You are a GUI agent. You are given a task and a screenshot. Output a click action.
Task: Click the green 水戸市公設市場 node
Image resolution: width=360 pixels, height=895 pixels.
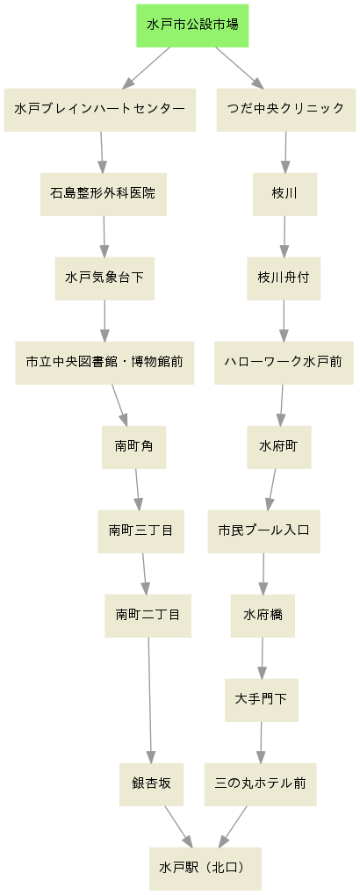click(x=192, y=25)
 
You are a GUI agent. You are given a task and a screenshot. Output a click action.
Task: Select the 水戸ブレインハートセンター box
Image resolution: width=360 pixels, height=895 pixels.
click(x=100, y=110)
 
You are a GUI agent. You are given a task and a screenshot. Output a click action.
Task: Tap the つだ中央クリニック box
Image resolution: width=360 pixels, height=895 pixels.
click(x=286, y=110)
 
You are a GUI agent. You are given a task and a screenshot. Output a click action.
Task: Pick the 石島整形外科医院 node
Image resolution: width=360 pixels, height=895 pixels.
click(x=104, y=194)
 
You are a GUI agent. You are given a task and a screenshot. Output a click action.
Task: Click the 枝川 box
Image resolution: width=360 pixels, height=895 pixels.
click(x=284, y=194)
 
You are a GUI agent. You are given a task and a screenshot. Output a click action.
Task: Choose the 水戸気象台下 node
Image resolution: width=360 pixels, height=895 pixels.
click(x=104, y=278)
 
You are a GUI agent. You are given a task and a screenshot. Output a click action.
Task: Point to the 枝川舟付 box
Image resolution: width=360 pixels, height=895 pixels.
click(x=284, y=278)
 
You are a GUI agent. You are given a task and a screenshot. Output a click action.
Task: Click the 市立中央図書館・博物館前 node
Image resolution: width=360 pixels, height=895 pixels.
click(x=104, y=363)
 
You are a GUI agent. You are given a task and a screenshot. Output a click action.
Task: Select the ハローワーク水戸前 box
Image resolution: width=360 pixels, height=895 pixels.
click(x=284, y=363)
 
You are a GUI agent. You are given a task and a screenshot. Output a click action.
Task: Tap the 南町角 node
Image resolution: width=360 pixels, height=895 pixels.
click(x=133, y=447)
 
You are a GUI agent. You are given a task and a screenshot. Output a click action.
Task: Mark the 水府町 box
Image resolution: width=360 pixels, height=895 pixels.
click(x=279, y=447)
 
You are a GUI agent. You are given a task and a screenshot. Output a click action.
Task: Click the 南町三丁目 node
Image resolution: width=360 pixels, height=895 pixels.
click(x=140, y=531)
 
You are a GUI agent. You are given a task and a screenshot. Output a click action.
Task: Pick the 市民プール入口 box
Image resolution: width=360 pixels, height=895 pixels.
click(x=263, y=531)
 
